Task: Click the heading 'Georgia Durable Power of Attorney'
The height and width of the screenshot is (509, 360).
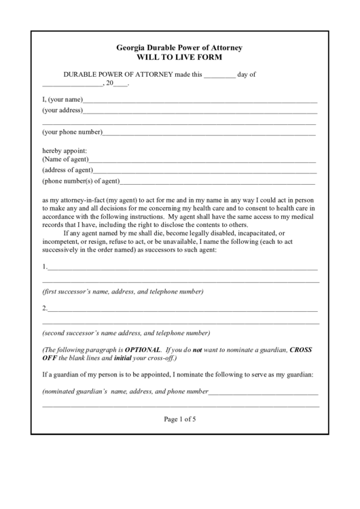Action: coord(179,48)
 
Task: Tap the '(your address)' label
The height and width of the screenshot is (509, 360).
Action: coord(62,109)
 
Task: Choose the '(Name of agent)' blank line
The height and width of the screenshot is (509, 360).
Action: coord(204,162)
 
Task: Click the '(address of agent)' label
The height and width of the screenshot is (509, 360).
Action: coord(67,170)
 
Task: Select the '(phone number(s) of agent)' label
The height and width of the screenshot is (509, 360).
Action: coord(81,181)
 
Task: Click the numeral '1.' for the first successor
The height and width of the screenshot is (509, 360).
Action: coord(45,266)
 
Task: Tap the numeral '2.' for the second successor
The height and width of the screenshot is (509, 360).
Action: coord(45,308)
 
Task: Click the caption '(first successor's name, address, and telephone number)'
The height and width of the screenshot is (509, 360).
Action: coord(122,292)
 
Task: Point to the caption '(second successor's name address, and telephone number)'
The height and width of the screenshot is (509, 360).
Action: coord(126,333)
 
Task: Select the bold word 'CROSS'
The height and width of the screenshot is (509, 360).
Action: coord(301,349)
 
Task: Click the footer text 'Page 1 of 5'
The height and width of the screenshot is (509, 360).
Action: coord(180,419)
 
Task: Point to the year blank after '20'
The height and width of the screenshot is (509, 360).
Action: coord(120,86)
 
